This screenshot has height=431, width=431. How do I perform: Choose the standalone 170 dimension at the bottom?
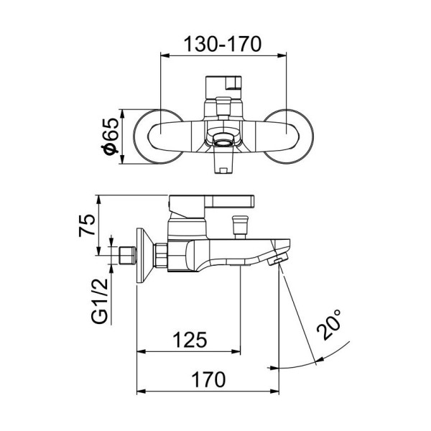[208, 379]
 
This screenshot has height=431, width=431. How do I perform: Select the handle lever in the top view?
[224, 85]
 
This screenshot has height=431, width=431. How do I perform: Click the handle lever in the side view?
[215, 200]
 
